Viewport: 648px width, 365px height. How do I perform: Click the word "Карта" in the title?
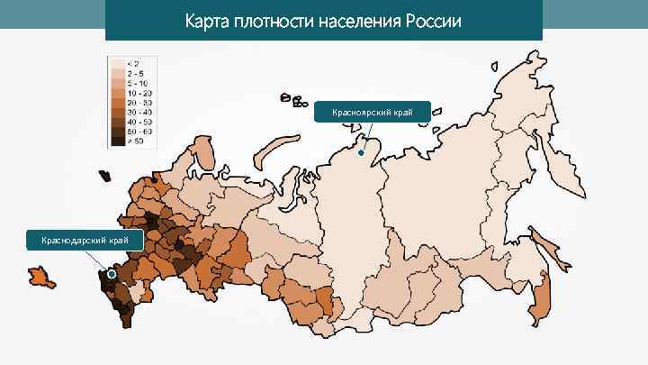pos(206,20)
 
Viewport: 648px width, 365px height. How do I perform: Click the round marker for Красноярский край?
pos(360,153)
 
